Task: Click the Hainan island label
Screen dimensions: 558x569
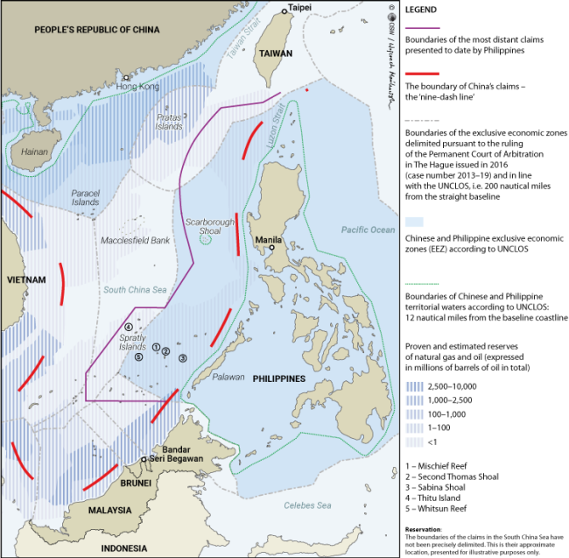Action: [x=34, y=151]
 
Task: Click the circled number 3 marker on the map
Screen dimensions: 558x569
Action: [x=182, y=357]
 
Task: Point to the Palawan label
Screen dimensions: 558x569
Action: [x=229, y=378]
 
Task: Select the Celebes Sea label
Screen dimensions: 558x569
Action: [x=307, y=505]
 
